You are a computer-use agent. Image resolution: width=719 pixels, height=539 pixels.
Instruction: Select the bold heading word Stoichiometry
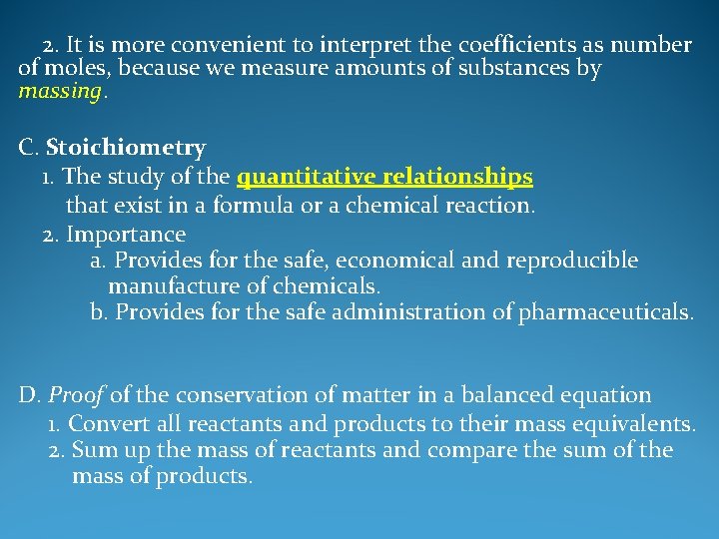pyautogui.click(x=126, y=149)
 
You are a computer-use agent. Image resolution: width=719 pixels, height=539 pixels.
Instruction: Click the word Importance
pyautogui.click(x=126, y=236)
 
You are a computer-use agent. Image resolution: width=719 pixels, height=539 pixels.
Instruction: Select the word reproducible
pyautogui.click(x=572, y=261)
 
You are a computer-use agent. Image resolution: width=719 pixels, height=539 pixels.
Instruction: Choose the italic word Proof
pyautogui.click(x=76, y=396)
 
